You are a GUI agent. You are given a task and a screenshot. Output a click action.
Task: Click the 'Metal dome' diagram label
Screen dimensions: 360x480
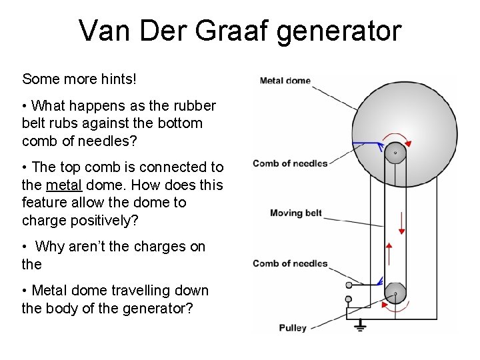click(x=285, y=81)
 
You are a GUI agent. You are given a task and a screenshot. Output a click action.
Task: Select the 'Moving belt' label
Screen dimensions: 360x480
click(x=295, y=213)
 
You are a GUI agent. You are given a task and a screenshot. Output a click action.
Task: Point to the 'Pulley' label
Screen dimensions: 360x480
click(x=293, y=327)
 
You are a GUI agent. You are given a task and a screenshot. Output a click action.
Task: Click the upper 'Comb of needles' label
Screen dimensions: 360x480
click(x=290, y=163)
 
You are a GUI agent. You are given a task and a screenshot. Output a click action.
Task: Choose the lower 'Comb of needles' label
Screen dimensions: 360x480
click(x=290, y=263)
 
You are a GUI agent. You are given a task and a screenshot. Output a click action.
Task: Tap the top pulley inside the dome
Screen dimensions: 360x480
click(x=395, y=153)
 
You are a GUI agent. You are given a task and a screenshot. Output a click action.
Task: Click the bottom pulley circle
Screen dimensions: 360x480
click(x=395, y=293)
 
